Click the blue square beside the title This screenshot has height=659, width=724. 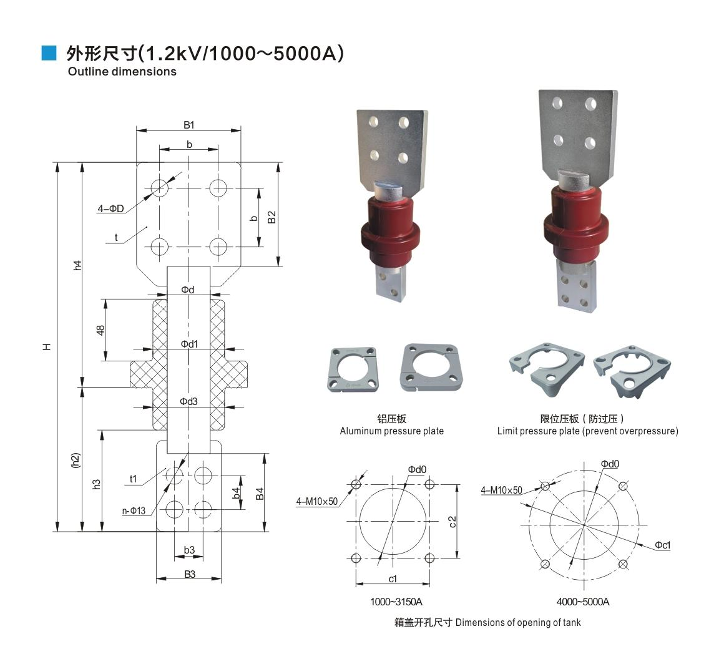point(49,53)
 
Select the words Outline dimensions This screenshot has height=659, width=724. point(122,72)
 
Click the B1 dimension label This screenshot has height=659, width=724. point(189,125)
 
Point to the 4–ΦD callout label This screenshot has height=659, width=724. point(111,208)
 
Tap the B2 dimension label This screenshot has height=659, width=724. point(272,217)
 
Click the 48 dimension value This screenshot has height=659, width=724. point(100,330)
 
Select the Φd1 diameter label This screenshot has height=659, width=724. point(189,344)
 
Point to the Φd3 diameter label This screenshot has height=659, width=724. point(189,401)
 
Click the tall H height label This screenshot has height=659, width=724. point(47,346)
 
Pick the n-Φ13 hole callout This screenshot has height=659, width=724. point(134,510)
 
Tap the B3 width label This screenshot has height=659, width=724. point(190,574)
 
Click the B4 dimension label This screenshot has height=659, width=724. point(260,494)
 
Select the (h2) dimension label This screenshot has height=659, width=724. point(76,461)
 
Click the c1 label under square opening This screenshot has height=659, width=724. point(393,578)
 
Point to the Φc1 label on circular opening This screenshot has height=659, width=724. point(663,545)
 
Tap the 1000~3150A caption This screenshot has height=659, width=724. point(396,602)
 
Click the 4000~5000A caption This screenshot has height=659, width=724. point(583,602)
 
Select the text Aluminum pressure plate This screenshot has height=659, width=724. point(391,431)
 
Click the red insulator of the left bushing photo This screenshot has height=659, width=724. point(390,231)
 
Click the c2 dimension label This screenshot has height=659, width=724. point(452,522)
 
